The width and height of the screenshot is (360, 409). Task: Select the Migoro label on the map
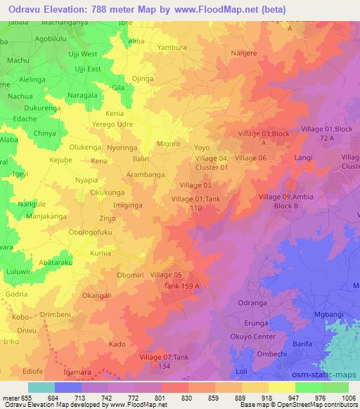tap(169, 143)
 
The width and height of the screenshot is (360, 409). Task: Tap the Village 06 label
tap(250, 158)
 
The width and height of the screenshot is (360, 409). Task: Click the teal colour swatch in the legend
tap(41, 387)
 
